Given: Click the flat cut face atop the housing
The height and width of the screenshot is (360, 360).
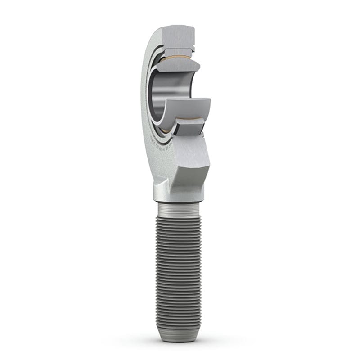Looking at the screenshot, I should click(x=180, y=36).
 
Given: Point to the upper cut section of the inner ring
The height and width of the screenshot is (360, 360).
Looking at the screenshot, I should click(x=178, y=66).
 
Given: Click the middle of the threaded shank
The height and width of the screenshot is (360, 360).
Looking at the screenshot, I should click(x=179, y=270).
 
